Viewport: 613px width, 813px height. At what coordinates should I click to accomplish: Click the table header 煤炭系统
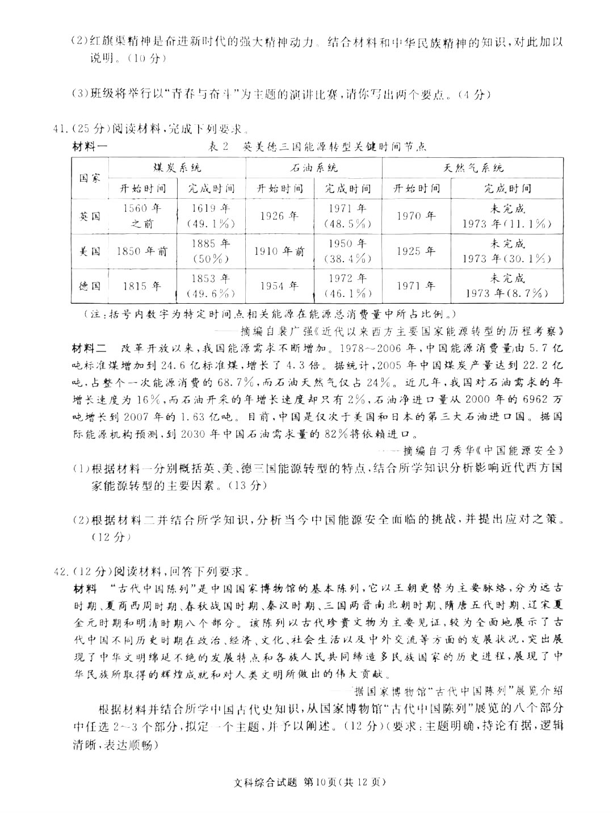[x=177, y=168]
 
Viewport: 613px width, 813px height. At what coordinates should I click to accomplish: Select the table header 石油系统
[x=314, y=168]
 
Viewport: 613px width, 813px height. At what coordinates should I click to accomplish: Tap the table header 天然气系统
[x=473, y=168]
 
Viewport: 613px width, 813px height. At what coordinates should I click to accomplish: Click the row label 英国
[x=90, y=216]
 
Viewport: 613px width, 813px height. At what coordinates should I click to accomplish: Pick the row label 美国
[x=90, y=252]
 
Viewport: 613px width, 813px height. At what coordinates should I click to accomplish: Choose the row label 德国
[x=90, y=286]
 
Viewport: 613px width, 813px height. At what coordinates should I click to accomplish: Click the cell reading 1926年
[x=279, y=216]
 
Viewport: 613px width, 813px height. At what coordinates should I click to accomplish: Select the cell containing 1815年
[x=142, y=286]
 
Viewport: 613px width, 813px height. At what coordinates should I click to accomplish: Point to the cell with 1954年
[x=279, y=286]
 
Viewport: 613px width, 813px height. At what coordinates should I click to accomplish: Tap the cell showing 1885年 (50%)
[x=211, y=252]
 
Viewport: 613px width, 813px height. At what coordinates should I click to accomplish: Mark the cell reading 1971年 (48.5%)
[x=347, y=216]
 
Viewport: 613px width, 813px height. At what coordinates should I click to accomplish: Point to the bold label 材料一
[x=90, y=146]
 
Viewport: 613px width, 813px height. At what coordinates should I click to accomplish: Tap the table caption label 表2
[x=219, y=146]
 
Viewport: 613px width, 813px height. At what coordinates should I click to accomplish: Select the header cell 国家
[x=90, y=178]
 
